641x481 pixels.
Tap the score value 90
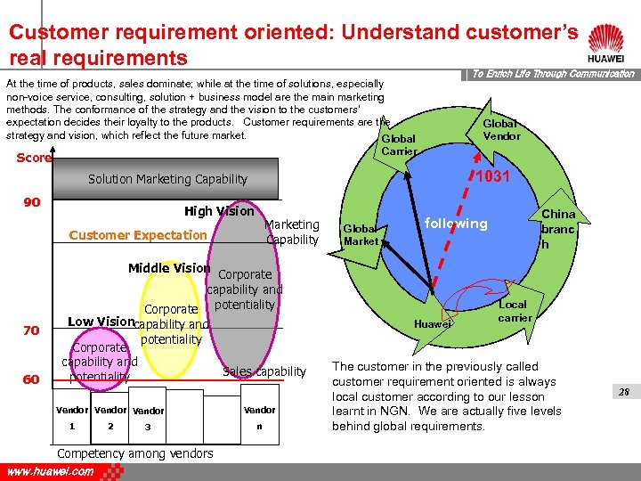(32, 202)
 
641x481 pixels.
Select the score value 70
(32, 330)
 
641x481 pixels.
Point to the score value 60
(32, 379)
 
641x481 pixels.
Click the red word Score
(34, 159)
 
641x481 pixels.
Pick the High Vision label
(219, 211)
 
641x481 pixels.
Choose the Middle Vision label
(169, 268)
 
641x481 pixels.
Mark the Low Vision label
(101, 322)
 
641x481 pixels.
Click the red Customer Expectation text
(138, 235)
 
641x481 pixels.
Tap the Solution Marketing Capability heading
(167, 179)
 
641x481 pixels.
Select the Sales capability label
(264, 371)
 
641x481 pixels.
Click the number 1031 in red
(492, 177)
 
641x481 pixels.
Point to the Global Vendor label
(501, 129)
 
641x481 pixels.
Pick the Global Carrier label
(398, 145)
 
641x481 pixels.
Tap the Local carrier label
(515, 311)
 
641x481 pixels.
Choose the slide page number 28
(623, 391)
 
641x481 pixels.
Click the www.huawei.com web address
(50, 471)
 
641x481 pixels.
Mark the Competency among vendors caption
(135, 453)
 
